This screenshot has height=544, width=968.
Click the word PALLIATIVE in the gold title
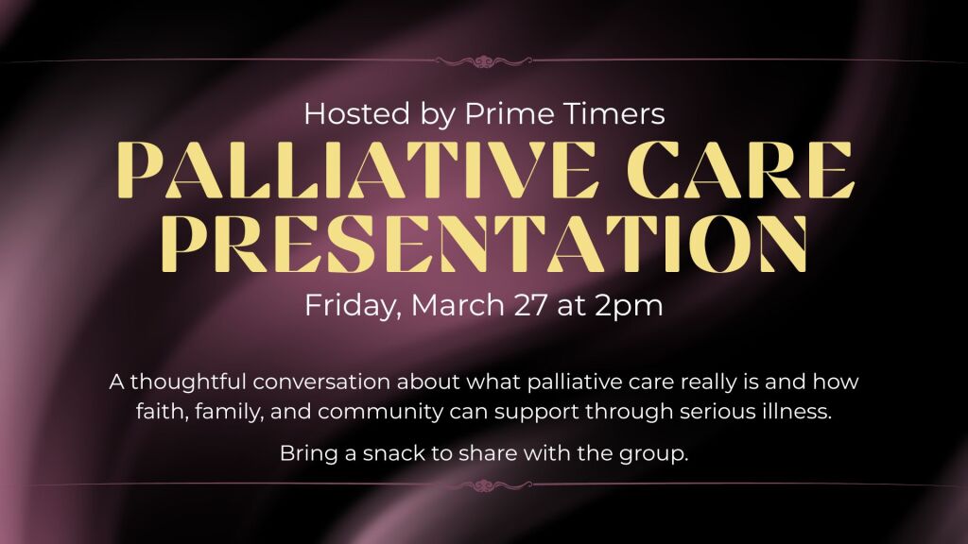pyautogui.click(x=354, y=170)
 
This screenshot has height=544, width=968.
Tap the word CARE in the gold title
pyautogui.click(x=741, y=170)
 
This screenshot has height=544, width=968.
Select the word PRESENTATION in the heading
pyautogui.click(x=485, y=244)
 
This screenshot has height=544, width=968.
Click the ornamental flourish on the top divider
pyautogui.click(x=484, y=61)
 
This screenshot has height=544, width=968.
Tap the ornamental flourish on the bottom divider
pyautogui.click(x=484, y=486)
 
